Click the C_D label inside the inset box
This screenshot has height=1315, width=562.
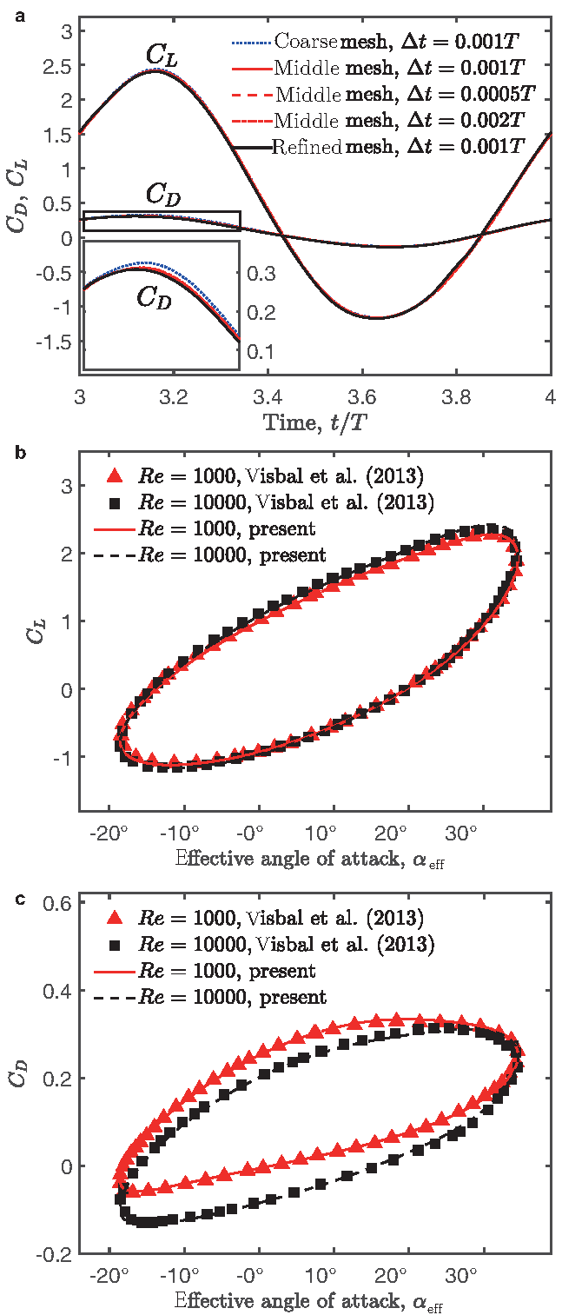point(153,298)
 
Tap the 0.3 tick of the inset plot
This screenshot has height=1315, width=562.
point(261,275)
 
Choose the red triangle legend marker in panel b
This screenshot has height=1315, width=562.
point(112,475)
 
